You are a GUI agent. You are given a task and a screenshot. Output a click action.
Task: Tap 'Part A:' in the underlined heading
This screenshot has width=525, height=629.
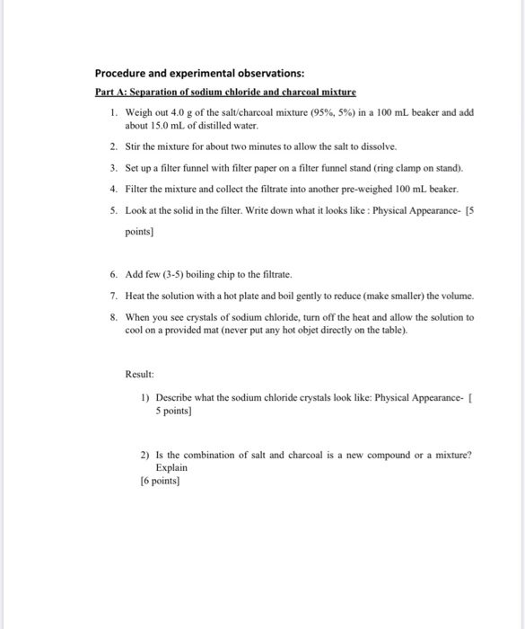tap(112, 93)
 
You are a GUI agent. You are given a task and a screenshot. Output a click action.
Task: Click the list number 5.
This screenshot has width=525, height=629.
tap(113, 209)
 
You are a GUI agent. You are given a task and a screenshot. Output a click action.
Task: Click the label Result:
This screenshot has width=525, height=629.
tap(140, 374)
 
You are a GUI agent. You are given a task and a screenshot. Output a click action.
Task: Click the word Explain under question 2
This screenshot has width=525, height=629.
tap(172, 468)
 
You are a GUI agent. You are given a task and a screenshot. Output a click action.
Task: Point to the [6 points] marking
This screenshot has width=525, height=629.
tap(161, 482)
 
